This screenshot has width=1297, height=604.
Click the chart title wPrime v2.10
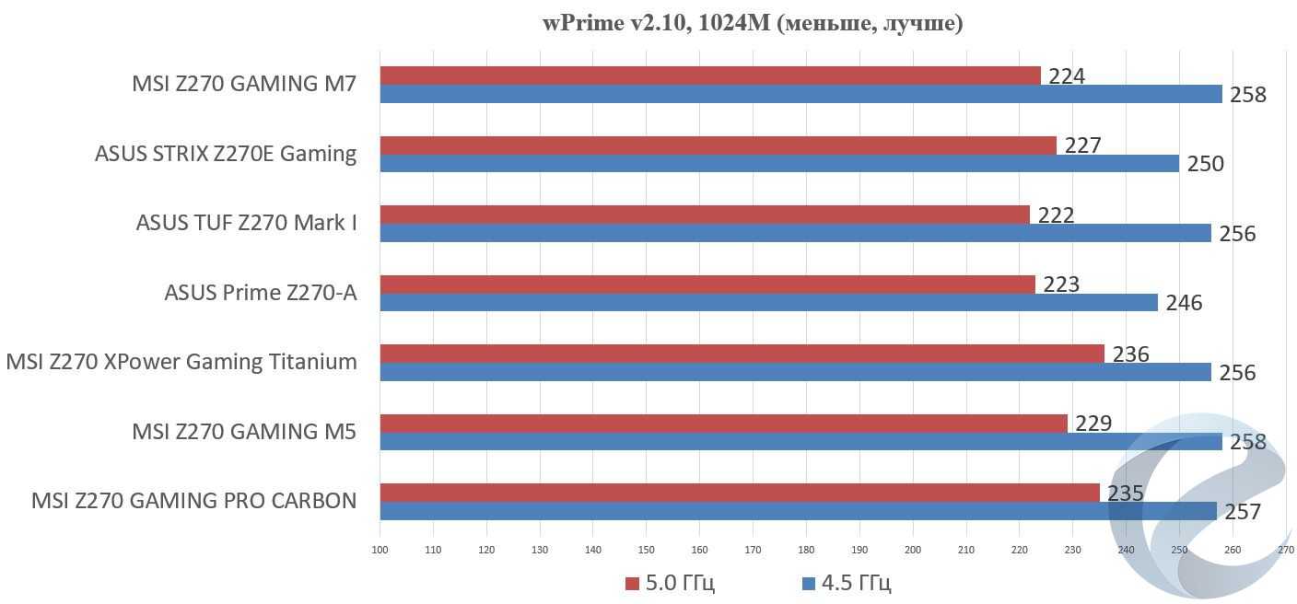(752, 23)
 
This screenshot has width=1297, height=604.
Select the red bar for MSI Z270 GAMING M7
(709, 75)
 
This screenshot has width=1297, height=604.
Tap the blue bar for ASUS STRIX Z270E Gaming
(778, 164)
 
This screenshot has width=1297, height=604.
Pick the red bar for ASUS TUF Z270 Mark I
(704, 215)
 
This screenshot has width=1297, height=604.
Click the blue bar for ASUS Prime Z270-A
(768, 303)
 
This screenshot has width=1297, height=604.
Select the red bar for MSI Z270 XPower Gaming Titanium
(742, 354)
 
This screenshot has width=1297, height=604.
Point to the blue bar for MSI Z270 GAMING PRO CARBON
(798, 511)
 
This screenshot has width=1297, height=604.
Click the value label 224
(1067, 75)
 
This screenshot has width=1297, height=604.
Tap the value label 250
(1205, 164)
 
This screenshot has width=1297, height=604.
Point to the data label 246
(1184, 303)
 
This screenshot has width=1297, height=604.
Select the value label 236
(1130, 354)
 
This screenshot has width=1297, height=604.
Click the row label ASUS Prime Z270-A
(260, 293)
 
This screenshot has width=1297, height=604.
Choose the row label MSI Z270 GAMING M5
(243, 431)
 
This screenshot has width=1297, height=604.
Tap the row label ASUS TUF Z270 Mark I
(246, 223)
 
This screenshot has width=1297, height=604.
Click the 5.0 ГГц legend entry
(670, 583)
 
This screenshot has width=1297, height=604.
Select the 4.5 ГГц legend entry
(847, 583)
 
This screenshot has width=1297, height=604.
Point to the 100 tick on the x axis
(380, 550)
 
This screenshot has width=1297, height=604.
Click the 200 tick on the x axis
(913, 550)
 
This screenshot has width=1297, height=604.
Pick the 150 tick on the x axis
(646, 550)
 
